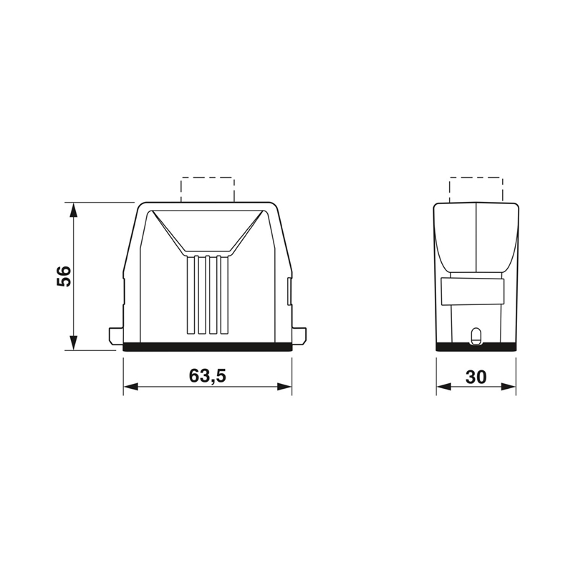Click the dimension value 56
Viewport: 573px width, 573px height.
coord(64,276)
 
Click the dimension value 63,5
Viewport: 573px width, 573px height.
coord(208,375)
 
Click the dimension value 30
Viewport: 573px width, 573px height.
coord(476,377)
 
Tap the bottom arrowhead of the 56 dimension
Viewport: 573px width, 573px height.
coord(74,342)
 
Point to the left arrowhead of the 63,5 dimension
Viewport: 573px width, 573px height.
coord(131,387)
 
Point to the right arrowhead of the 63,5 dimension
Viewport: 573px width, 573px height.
coord(284,387)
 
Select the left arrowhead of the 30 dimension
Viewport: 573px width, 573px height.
coord(443,387)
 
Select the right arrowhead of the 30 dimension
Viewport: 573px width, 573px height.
coord(509,387)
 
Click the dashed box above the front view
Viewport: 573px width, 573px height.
coord(208,178)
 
